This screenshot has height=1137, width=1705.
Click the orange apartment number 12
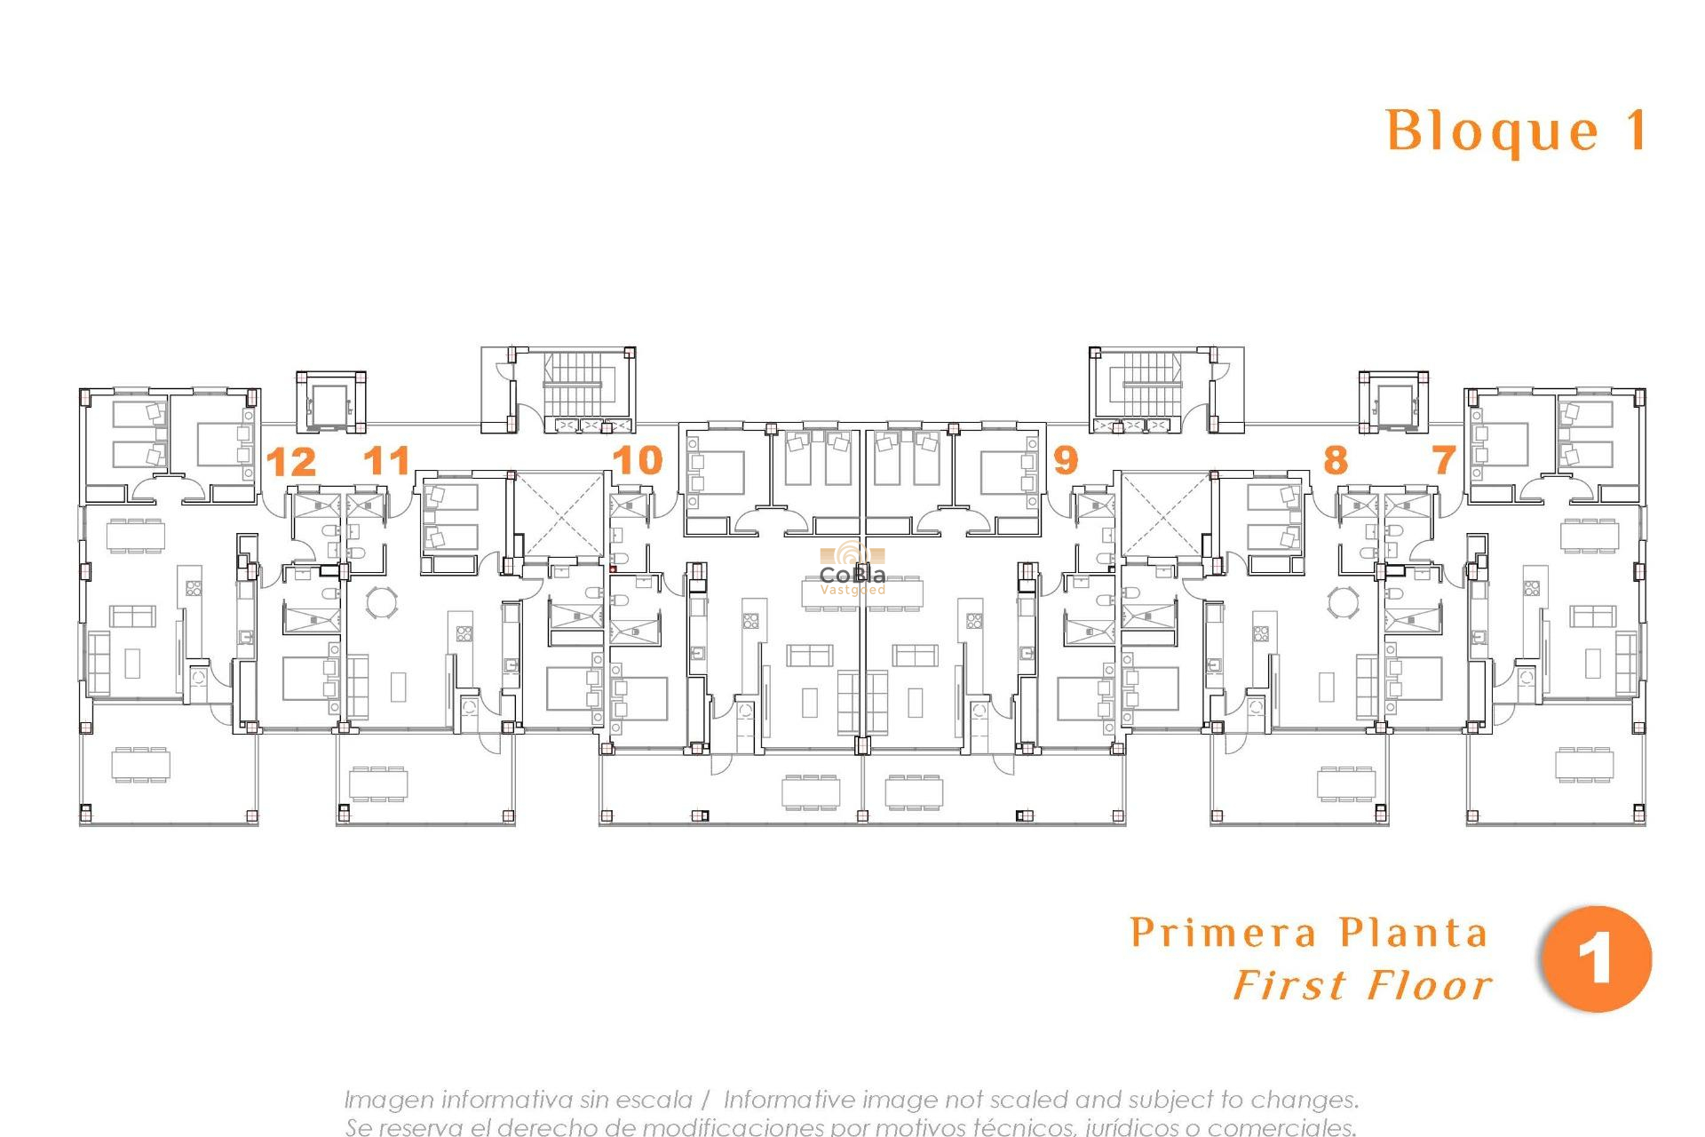click(x=290, y=463)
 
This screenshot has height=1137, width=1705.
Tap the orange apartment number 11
click(x=386, y=461)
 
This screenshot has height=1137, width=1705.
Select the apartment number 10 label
click(x=638, y=460)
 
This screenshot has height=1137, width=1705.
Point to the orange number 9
click(x=1065, y=460)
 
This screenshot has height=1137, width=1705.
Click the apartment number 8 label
click(x=1335, y=460)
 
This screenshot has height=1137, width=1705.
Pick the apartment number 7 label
click(x=1444, y=460)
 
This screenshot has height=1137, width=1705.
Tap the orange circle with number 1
click(x=1596, y=959)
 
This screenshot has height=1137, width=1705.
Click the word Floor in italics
click(x=1429, y=986)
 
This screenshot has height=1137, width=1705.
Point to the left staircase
click(x=573, y=385)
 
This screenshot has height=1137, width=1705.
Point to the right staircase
click(x=1152, y=385)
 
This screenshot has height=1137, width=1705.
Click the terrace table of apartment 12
click(x=141, y=765)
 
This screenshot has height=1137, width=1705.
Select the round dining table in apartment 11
click(x=383, y=601)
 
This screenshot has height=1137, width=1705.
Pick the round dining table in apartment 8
click(x=1343, y=601)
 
